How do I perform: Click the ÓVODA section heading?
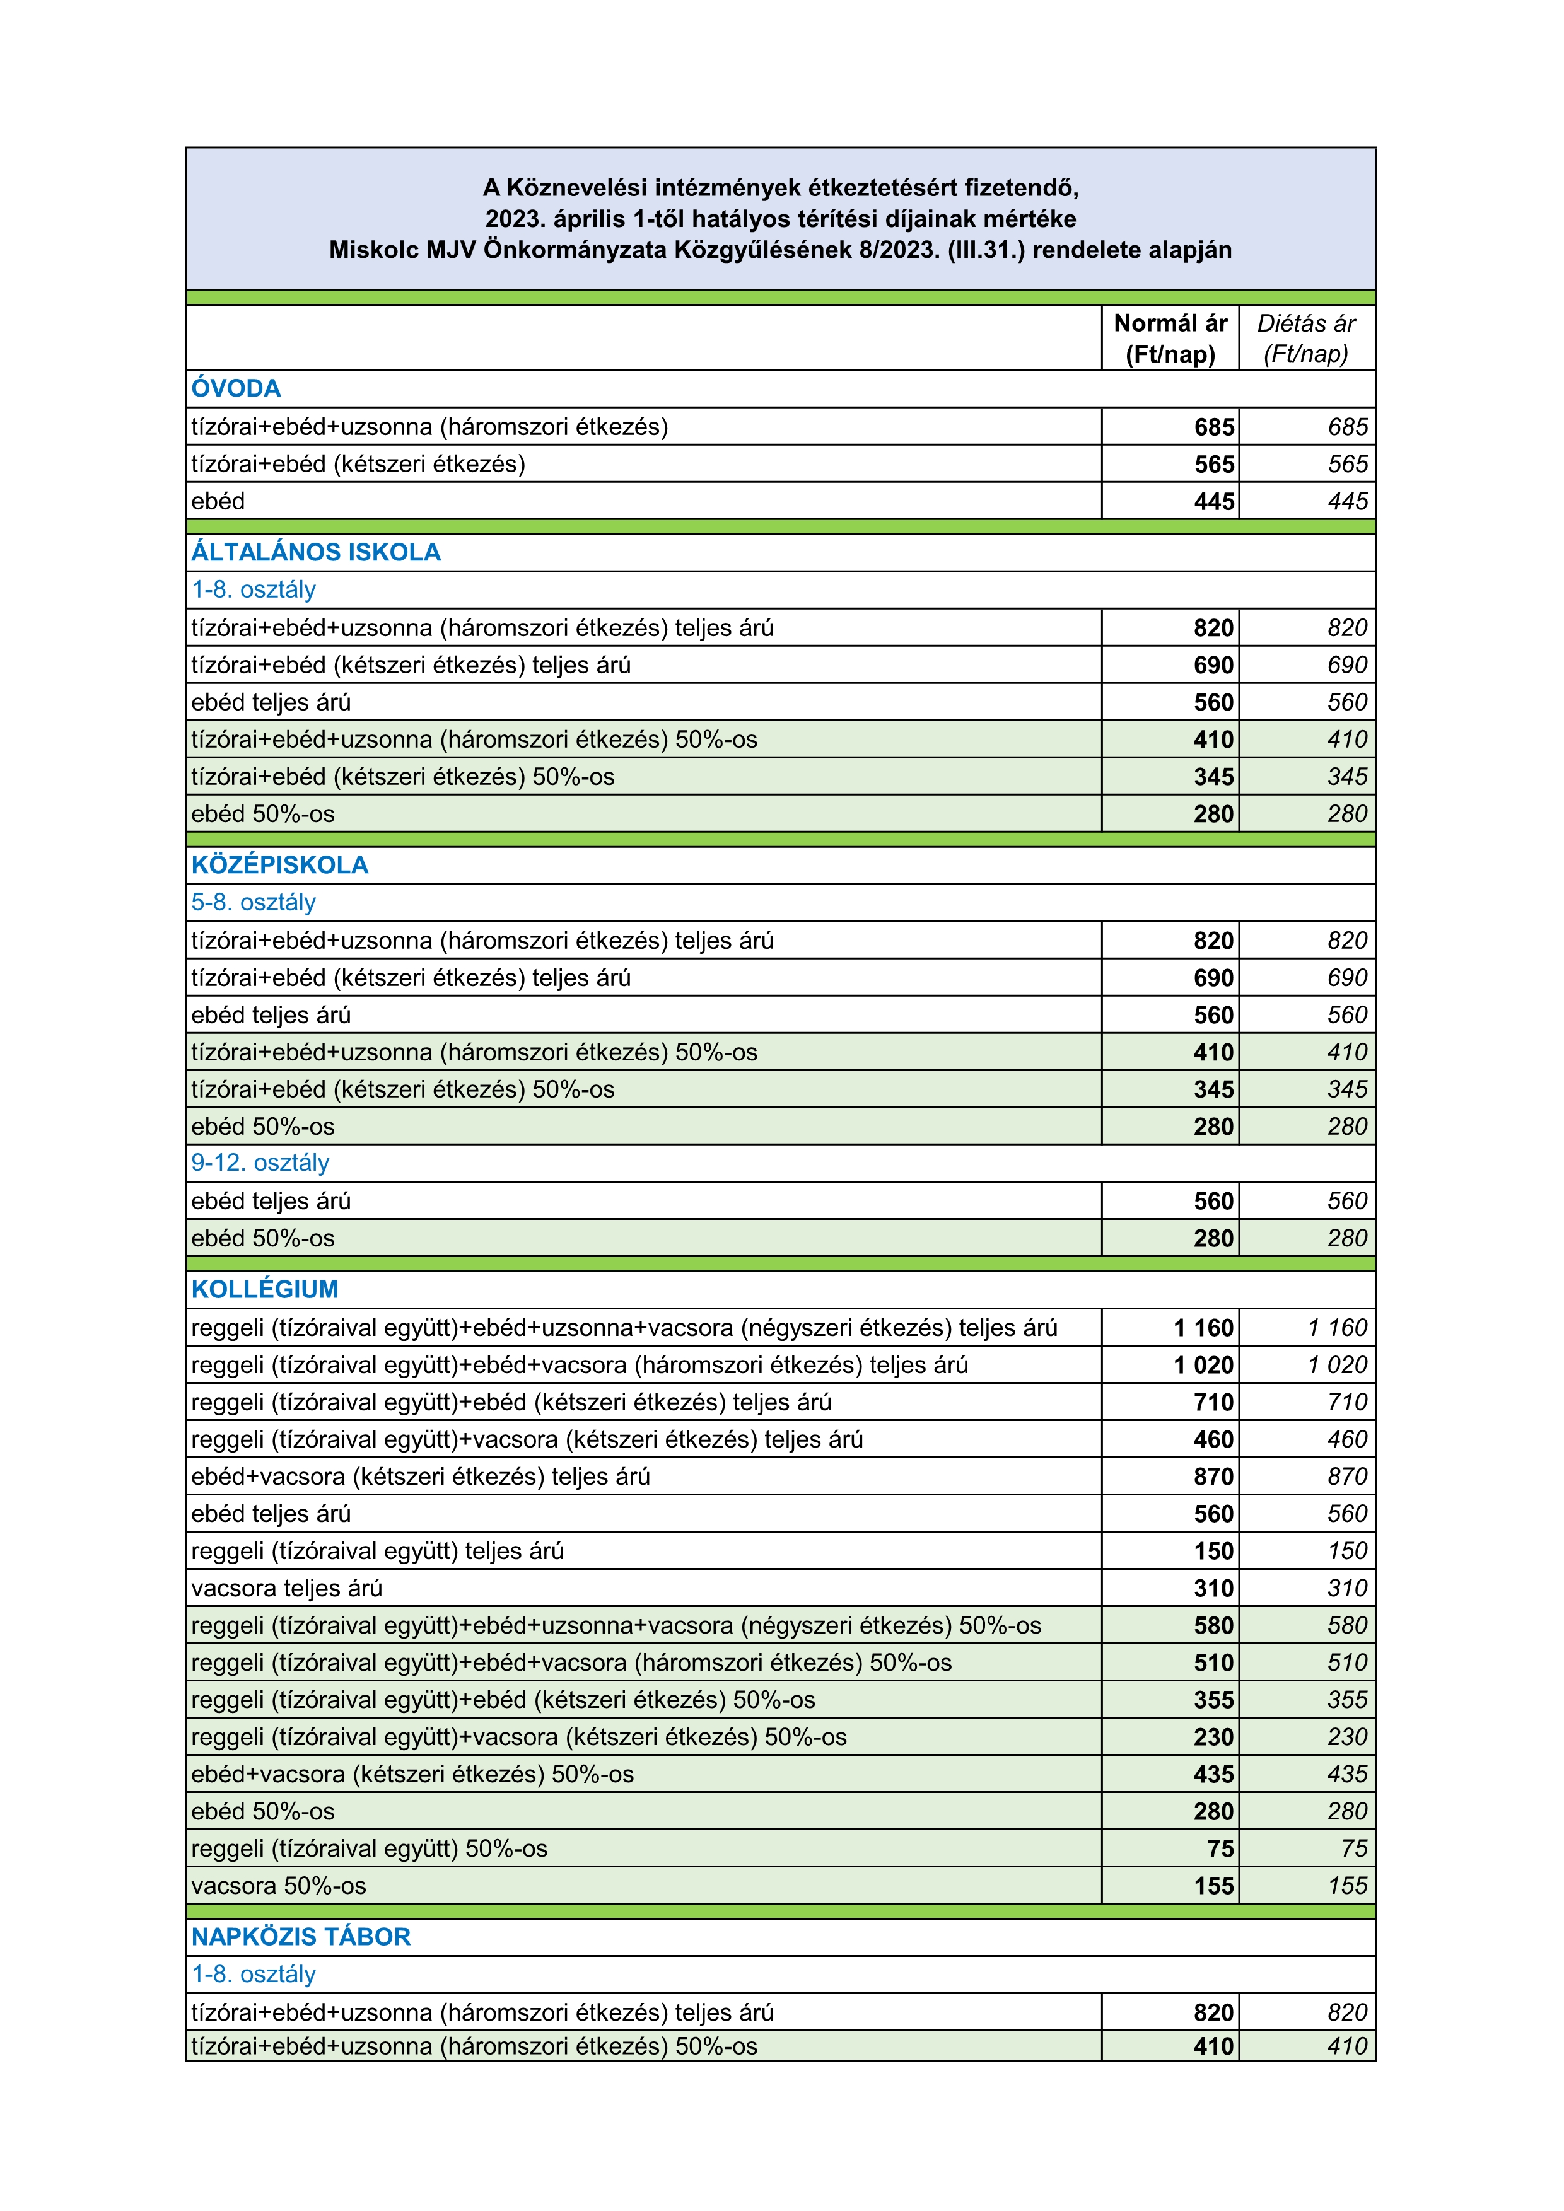(x=236, y=388)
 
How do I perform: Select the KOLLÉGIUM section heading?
(x=265, y=1289)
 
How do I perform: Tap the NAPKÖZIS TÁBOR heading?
(x=300, y=1937)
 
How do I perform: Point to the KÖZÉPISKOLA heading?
(x=279, y=865)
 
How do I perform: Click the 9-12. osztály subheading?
(x=260, y=1163)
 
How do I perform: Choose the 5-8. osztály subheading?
(x=254, y=902)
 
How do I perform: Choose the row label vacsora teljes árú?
(x=287, y=1588)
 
